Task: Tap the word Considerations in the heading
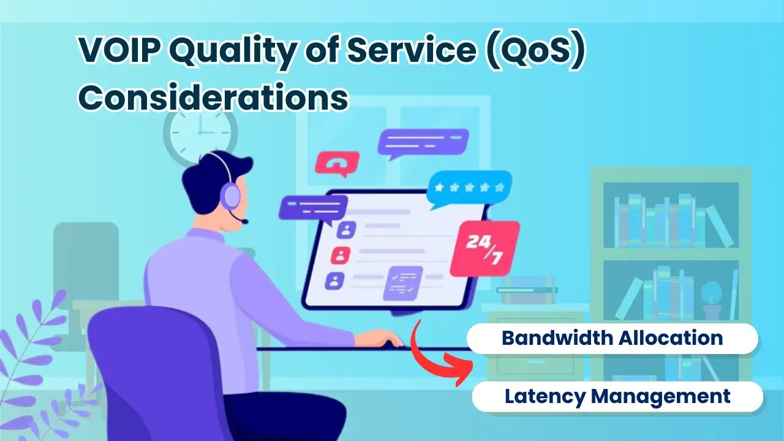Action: pyautogui.click(x=213, y=97)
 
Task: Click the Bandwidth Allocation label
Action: pyautogui.click(x=612, y=338)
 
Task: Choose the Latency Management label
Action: pyautogui.click(x=617, y=396)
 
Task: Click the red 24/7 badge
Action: pyautogui.click(x=484, y=248)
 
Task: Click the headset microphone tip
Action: pyautogui.click(x=245, y=221)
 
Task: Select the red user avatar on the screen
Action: pyautogui.click(x=340, y=256)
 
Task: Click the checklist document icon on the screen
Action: pyautogui.click(x=403, y=284)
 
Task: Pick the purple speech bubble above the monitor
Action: pyautogui.click(x=423, y=143)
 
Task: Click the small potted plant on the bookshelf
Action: pyautogui.click(x=711, y=300)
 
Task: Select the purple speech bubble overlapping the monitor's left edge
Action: pyautogui.click(x=313, y=209)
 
